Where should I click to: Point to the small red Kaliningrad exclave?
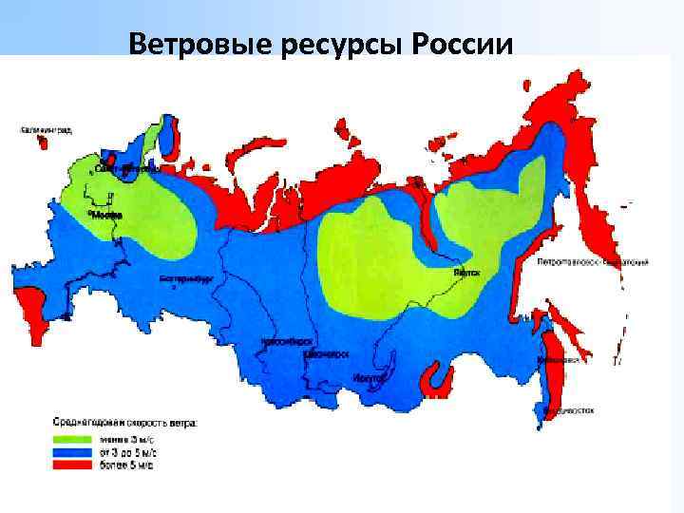[43, 143]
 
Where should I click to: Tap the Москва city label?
[105, 215]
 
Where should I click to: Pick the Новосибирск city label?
[287, 340]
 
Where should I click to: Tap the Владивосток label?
[568, 411]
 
